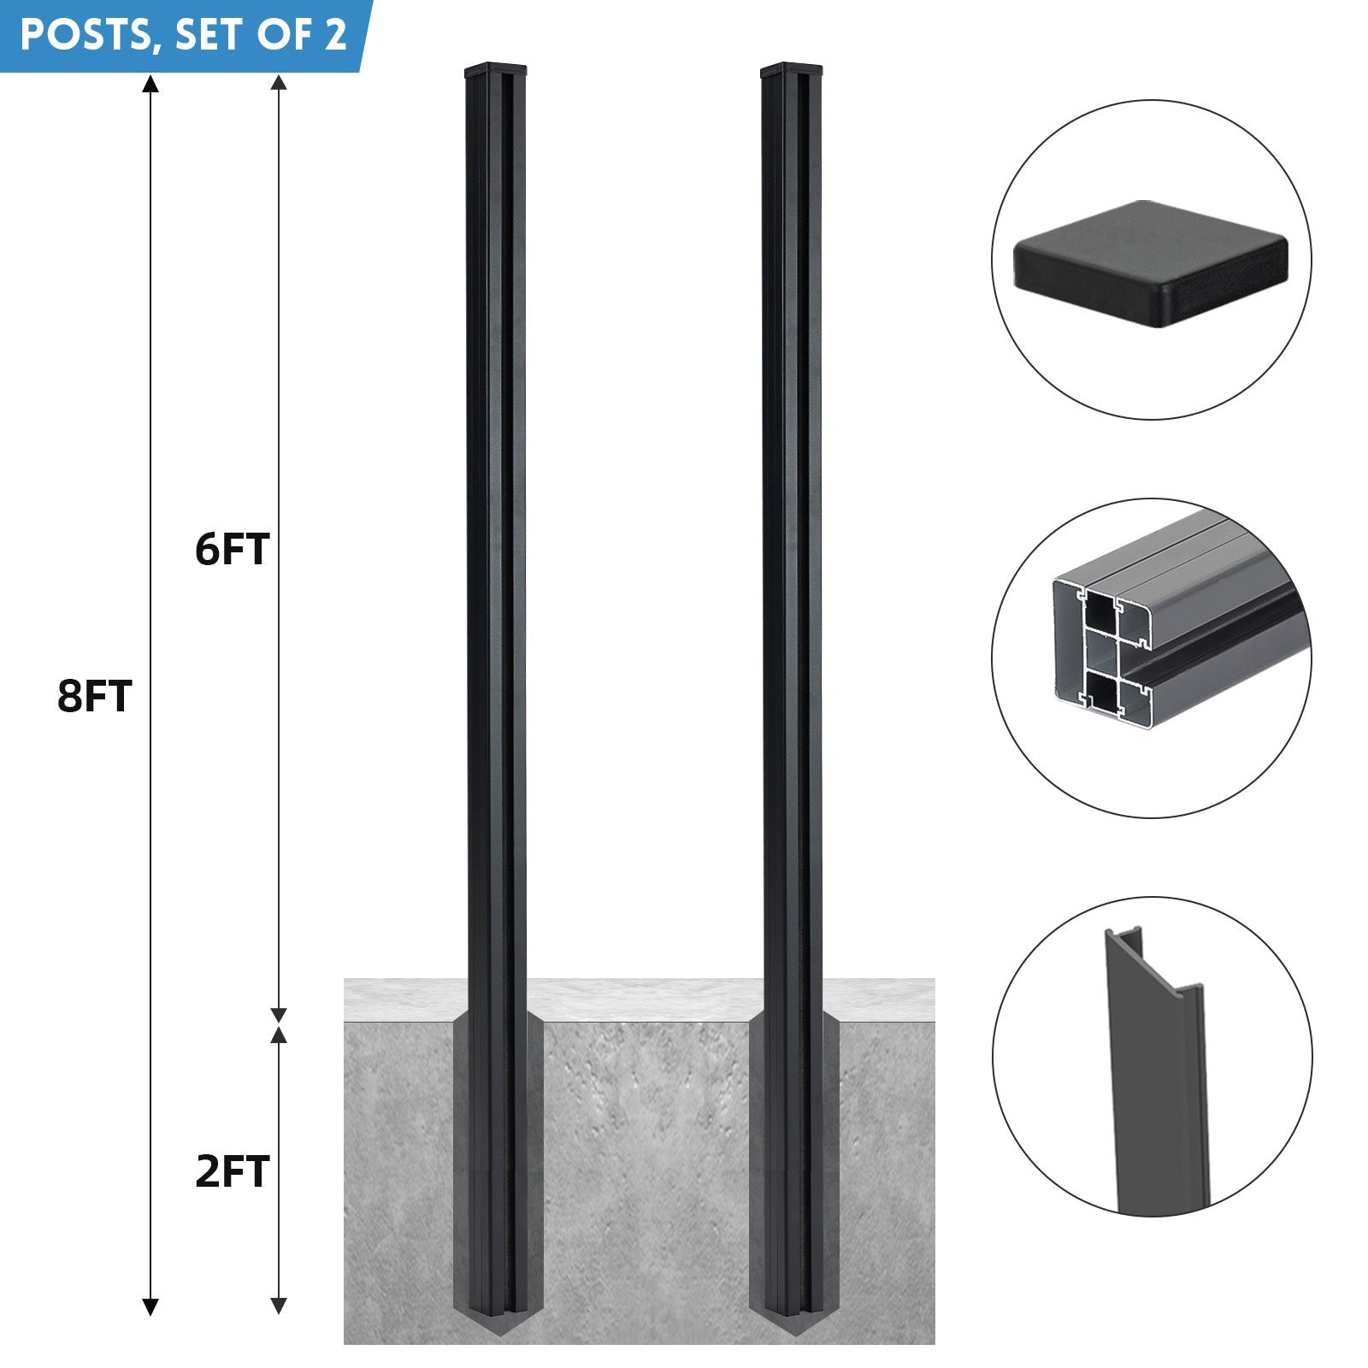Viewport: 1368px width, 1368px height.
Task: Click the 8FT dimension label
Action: click(95, 696)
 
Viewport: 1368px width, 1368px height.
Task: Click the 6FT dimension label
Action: click(233, 549)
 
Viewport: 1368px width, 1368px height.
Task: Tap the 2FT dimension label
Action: click(233, 1171)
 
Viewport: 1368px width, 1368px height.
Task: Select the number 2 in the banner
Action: click(335, 35)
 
